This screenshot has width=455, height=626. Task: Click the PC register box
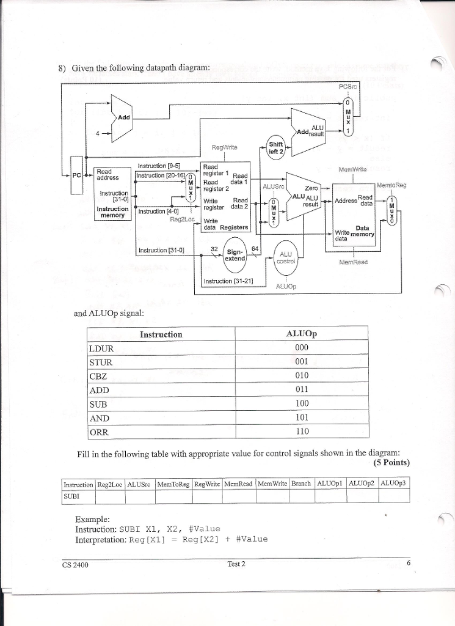[76, 176]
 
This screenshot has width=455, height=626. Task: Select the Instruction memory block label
[112, 212]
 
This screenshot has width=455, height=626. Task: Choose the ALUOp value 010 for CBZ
[301, 375]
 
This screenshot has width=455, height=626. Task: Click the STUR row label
[101, 361]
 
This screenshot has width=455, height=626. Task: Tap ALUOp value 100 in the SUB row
[301, 403]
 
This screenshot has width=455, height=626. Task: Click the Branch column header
[300, 484]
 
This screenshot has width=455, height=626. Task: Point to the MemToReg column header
[173, 484]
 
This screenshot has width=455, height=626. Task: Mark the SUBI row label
[73, 495]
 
